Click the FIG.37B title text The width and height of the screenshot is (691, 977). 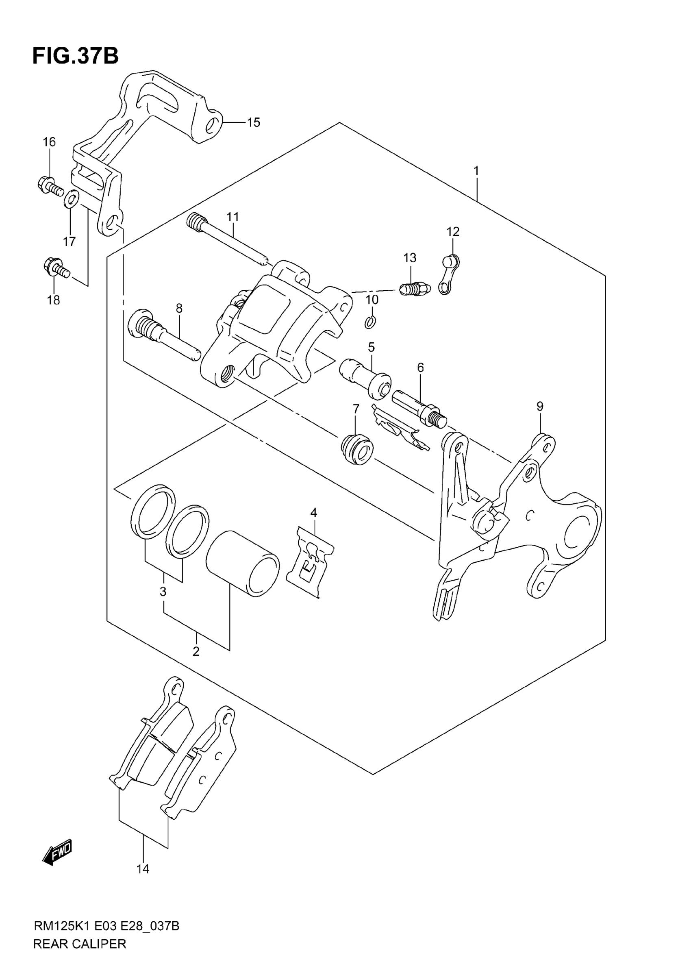(75, 56)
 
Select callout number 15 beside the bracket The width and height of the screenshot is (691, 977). (254, 122)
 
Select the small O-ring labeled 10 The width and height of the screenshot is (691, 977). (370, 322)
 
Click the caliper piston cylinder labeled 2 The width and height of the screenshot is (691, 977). (243, 563)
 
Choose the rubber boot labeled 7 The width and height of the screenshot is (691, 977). (357, 449)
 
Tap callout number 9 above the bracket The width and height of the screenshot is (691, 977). (540, 407)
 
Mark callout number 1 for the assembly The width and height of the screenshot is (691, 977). (476, 171)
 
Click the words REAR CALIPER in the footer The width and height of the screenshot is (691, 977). (80, 956)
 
